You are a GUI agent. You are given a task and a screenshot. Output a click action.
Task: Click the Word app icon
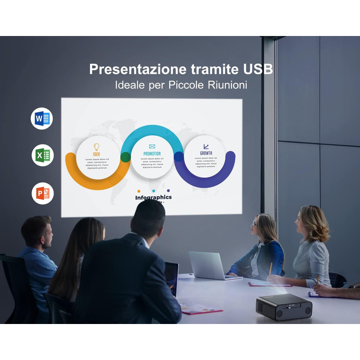point(42,119)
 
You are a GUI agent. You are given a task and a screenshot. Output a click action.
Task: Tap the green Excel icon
point(42,155)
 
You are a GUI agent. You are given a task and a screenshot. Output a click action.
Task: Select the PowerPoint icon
point(42,193)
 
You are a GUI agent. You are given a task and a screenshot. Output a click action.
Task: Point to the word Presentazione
point(131,69)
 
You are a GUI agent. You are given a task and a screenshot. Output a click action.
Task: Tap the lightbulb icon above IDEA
point(97,147)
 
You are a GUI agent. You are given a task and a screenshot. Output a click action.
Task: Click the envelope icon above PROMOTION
point(152,147)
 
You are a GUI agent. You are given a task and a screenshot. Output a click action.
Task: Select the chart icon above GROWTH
point(206,147)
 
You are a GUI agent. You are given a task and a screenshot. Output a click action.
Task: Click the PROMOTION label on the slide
point(152,154)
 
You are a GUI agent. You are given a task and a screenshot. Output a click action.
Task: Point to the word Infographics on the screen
point(153,197)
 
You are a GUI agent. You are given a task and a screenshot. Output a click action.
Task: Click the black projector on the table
point(284,307)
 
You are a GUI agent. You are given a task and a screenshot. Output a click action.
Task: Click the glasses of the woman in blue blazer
point(255,224)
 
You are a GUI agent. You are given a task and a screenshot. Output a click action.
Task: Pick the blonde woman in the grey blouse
point(312,247)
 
